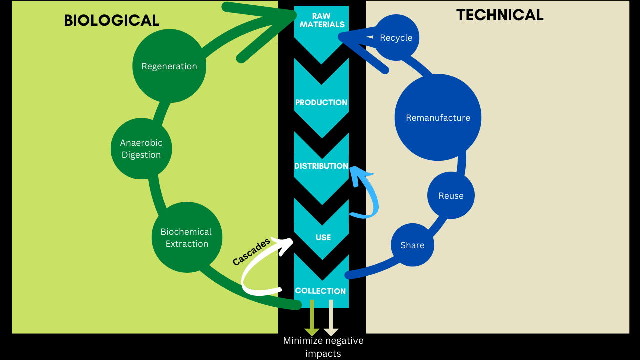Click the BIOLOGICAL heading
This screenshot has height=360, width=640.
112,20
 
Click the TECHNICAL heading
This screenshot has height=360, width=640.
499,15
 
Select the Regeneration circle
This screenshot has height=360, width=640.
169,66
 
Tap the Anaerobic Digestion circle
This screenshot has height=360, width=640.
141,149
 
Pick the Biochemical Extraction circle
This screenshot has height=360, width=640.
187,238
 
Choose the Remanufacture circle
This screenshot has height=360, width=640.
438,118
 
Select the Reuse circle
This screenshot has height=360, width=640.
451,196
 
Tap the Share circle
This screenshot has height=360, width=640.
412,245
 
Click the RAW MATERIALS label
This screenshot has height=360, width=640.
322,20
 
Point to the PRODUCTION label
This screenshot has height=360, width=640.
321,102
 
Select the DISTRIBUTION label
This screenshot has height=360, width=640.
321,166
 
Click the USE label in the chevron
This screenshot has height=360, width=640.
323,237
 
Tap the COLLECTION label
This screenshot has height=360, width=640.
320,291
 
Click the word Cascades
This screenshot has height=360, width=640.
251,251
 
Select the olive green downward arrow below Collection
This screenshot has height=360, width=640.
312,318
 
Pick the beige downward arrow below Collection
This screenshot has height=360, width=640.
331,318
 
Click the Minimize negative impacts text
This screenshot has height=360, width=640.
323,347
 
